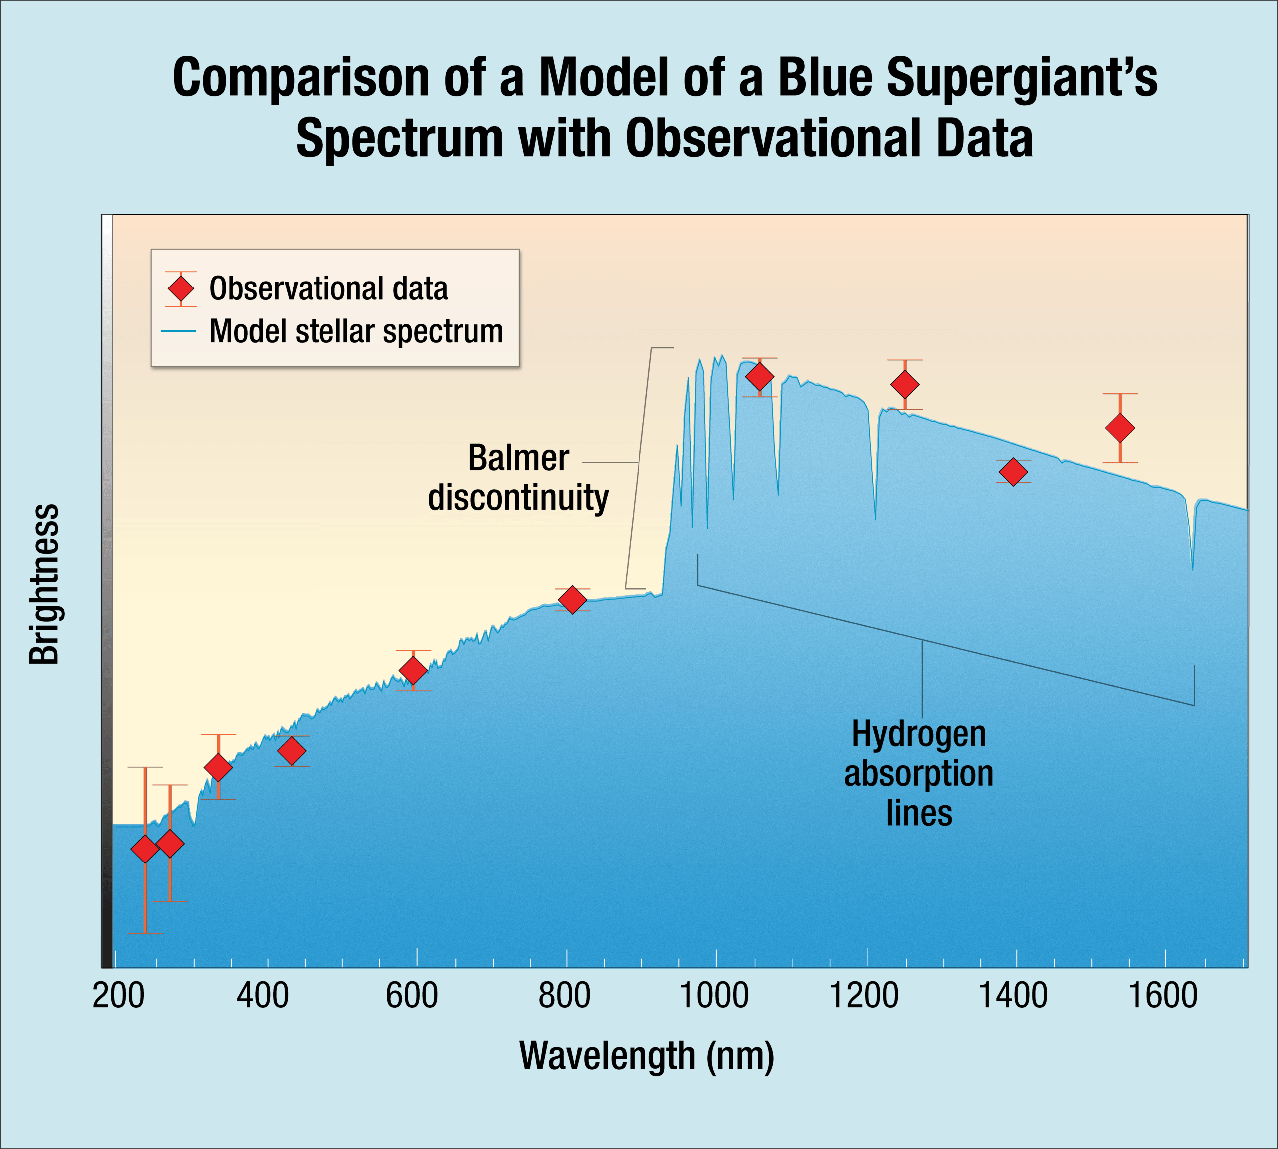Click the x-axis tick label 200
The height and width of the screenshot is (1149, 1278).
tap(118, 996)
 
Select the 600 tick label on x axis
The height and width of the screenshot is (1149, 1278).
tap(412, 996)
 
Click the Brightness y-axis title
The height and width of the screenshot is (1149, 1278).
tap(44, 584)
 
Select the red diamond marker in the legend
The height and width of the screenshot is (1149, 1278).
tap(181, 289)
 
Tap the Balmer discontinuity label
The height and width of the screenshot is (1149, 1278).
tap(518, 477)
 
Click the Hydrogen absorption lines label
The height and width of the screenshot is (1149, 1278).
tap(919, 773)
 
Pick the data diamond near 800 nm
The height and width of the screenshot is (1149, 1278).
tap(572, 600)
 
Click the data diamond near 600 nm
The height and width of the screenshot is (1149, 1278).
tap(413, 670)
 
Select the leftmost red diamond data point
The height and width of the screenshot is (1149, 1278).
tap(145, 849)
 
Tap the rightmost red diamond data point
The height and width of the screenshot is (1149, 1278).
tap(1120, 428)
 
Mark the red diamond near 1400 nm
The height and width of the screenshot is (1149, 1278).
tap(1013, 472)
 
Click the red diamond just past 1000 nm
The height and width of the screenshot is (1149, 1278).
tap(760, 377)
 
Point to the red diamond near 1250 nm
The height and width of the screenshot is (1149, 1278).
tap(905, 384)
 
